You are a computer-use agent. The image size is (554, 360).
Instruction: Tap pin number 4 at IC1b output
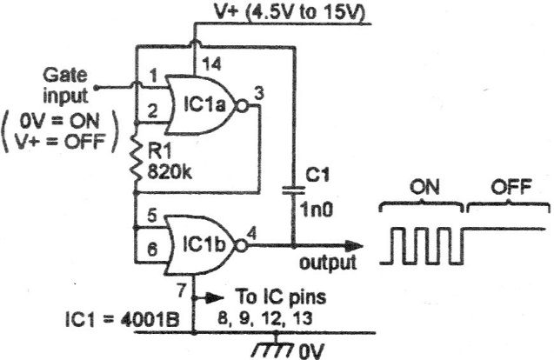pyautogui.click(x=251, y=232)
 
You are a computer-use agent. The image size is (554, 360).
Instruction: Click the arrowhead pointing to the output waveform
pyautogui.click(x=353, y=246)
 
